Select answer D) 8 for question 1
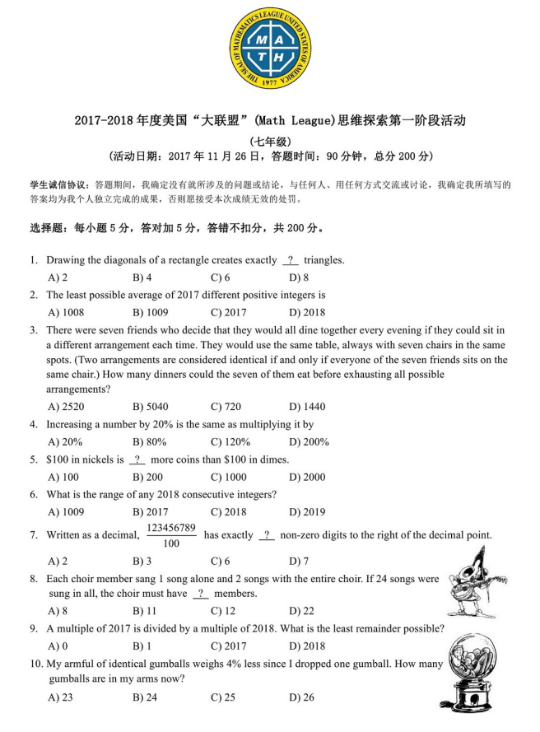(x=299, y=277)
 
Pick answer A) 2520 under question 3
(x=66, y=407)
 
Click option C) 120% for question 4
(x=229, y=442)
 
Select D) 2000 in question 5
(x=307, y=477)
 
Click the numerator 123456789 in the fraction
(x=171, y=527)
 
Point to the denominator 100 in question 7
(x=171, y=543)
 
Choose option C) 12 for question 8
(x=223, y=611)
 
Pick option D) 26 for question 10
(x=301, y=698)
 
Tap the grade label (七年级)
(x=270, y=140)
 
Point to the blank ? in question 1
(x=291, y=260)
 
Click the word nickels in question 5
(x=103, y=459)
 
